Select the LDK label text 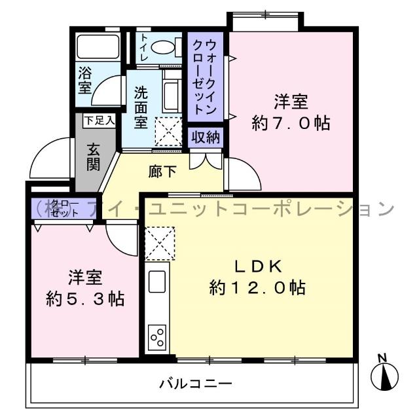coord(259,266)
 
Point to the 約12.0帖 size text coord(258,287)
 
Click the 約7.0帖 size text coord(291,122)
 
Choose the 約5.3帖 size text coord(85,299)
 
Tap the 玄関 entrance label coord(93,156)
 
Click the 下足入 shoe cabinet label coord(99,120)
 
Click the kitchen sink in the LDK coord(157,282)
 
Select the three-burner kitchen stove coord(157,338)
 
